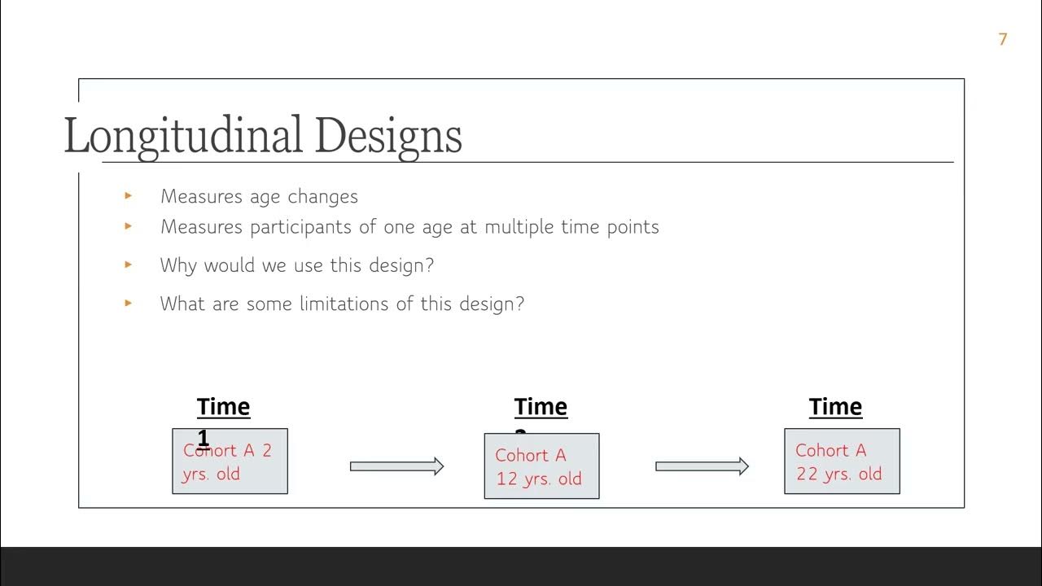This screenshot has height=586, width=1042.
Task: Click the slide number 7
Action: click(1003, 39)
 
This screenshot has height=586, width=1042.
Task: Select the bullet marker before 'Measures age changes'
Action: click(128, 195)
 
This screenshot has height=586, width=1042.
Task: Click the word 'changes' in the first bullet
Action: click(322, 197)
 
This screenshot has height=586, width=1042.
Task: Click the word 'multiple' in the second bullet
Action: click(520, 227)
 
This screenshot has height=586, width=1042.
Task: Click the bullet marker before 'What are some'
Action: click(128, 303)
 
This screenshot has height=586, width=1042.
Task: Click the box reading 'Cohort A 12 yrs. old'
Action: click(541, 466)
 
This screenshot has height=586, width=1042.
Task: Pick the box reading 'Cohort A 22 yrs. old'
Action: click(842, 461)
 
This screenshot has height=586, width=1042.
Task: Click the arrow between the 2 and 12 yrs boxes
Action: click(396, 466)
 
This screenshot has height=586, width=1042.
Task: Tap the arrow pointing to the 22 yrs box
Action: click(702, 466)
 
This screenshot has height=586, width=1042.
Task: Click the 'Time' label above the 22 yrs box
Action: click(835, 407)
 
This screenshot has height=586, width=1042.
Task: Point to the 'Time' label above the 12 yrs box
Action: click(541, 407)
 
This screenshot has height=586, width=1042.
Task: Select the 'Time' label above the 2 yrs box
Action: click(223, 407)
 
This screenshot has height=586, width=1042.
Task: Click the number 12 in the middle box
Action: click(507, 479)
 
